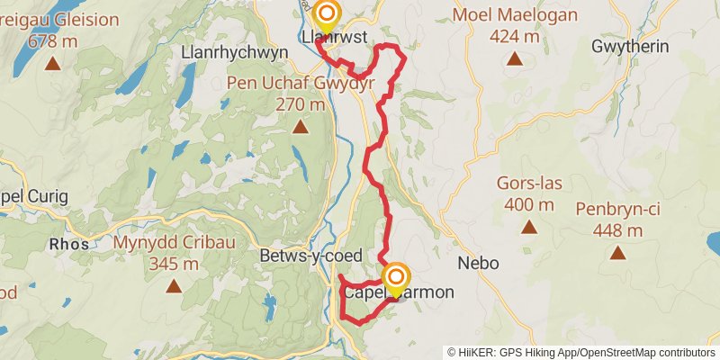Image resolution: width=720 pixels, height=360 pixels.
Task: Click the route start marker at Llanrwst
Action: point(326,13)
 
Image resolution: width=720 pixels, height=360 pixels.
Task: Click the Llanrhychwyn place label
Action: point(234,52)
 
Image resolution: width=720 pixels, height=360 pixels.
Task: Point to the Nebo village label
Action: point(477,264)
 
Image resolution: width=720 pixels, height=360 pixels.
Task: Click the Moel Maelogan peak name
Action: point(514,15)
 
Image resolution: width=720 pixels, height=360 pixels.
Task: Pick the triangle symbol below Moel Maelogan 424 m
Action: point(514,59)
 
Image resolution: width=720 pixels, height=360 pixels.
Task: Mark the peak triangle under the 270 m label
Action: point(300,127)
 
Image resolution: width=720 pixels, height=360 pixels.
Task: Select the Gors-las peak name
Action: point(528,184)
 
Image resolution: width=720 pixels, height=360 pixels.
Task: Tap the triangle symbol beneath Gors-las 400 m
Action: point(528,227)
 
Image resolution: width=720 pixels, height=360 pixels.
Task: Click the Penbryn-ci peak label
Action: point(618,209)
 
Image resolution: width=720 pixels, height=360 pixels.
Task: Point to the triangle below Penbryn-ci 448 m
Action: point(618,253)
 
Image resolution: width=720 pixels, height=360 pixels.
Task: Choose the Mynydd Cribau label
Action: point(168,242)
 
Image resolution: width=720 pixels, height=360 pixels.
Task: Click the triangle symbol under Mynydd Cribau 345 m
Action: point(173,286)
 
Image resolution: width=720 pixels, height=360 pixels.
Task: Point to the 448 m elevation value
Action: point(618,230)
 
